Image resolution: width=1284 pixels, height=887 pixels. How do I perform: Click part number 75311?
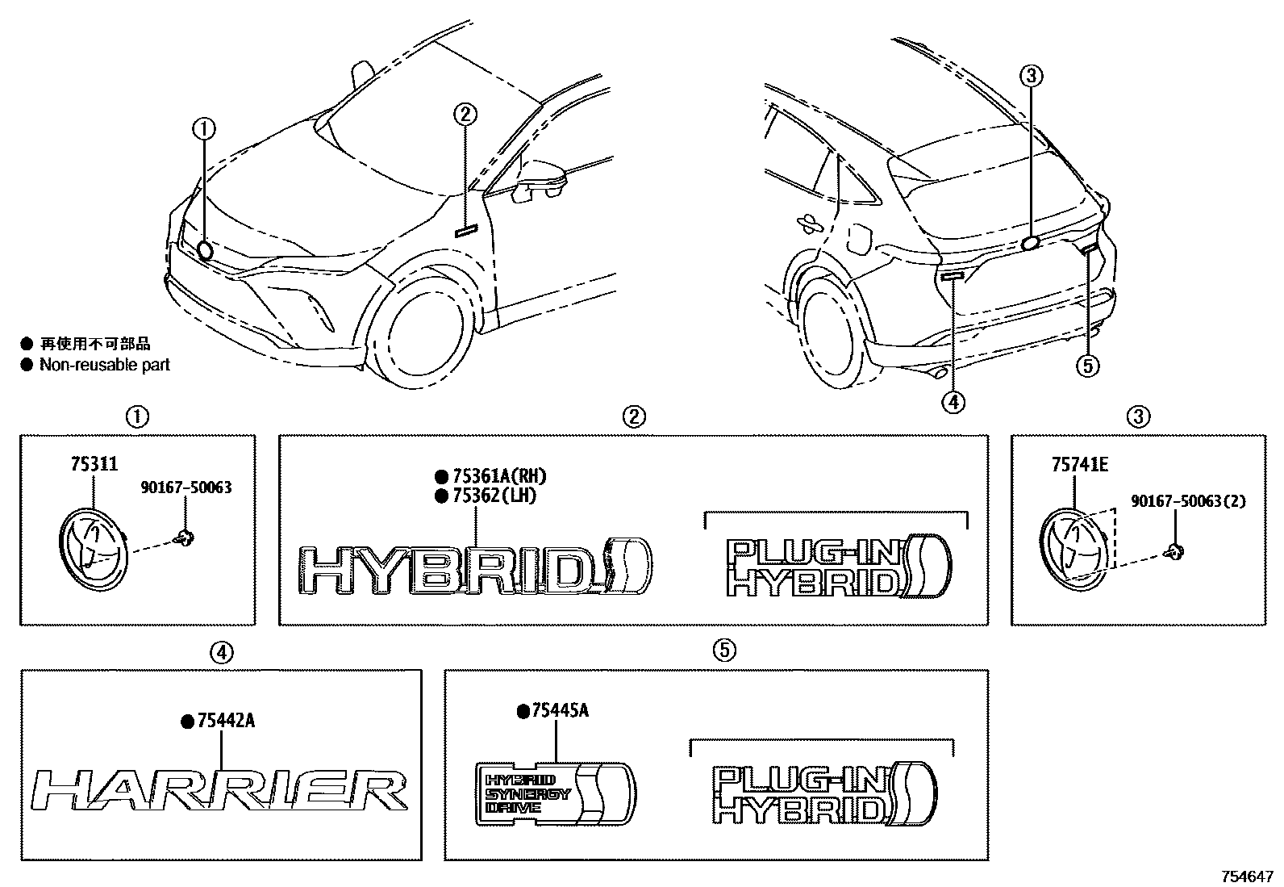point(93,464)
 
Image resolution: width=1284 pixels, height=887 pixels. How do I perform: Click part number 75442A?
point(225,721)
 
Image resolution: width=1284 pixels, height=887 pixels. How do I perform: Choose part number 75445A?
point(559,711)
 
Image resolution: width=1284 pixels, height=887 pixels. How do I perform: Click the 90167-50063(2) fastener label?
point(1188,501)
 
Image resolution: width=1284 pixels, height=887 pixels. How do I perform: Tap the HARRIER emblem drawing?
point(219,789)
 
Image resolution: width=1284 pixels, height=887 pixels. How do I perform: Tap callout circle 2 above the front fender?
point(465,115)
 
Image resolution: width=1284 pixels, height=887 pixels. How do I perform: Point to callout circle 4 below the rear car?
point(953,400)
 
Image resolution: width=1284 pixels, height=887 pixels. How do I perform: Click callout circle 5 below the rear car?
point(1087,366)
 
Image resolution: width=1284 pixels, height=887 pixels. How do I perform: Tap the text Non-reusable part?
point(105,365)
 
